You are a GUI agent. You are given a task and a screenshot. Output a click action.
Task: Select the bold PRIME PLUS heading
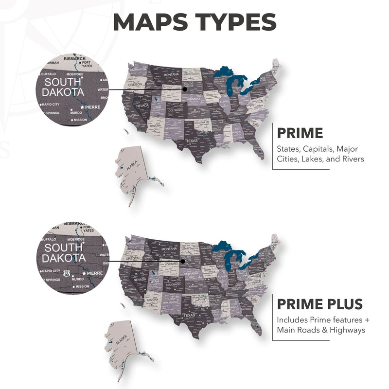tap(320, 304)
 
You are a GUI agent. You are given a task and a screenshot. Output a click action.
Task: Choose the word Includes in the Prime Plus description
tap(293, 320)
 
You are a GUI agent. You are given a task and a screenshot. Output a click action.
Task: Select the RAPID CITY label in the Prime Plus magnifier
tap(51, 271)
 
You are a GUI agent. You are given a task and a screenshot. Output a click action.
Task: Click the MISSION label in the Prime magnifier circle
tap(80, 120)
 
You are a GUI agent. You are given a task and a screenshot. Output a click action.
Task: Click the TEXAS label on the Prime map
tap(191, 141)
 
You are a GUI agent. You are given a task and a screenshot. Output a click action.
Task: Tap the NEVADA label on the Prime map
tap(142, 106)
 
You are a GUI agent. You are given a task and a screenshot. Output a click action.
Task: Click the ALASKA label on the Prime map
tap(132, 167)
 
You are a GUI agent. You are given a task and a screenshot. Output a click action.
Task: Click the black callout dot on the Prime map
tap(185, 89)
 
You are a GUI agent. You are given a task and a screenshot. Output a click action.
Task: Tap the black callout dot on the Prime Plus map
tap(183, 261)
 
